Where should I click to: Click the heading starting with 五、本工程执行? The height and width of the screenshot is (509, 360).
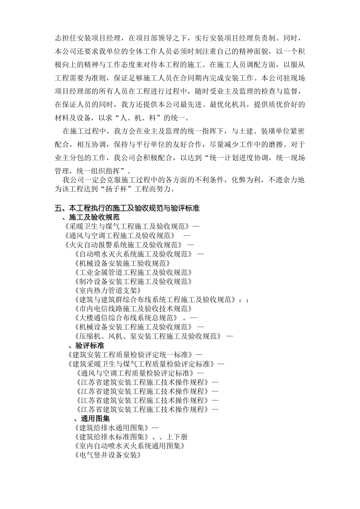click(127, 208)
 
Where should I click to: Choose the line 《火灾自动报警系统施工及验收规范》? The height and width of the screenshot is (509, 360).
click(124, 245)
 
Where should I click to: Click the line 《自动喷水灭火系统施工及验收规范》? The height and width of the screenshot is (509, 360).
click(134, 254)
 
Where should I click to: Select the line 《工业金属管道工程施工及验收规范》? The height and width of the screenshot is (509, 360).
click(133, 272)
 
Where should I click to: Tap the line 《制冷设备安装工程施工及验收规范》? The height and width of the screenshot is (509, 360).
click(133, 281)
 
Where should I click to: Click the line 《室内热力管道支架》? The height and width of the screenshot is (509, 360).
click(108, 290)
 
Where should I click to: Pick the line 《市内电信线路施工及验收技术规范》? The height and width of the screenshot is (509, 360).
click(133, 309)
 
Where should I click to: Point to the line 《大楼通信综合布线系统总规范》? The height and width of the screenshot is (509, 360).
click(126, 318)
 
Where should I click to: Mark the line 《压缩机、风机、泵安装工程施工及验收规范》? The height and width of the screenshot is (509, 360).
click(148, 336)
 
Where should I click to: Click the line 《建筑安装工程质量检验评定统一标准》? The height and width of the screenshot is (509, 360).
click(129, 355)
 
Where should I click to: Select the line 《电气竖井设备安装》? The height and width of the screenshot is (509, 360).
click(108, 455)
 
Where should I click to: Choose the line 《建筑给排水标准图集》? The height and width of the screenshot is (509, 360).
click(112, 437)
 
